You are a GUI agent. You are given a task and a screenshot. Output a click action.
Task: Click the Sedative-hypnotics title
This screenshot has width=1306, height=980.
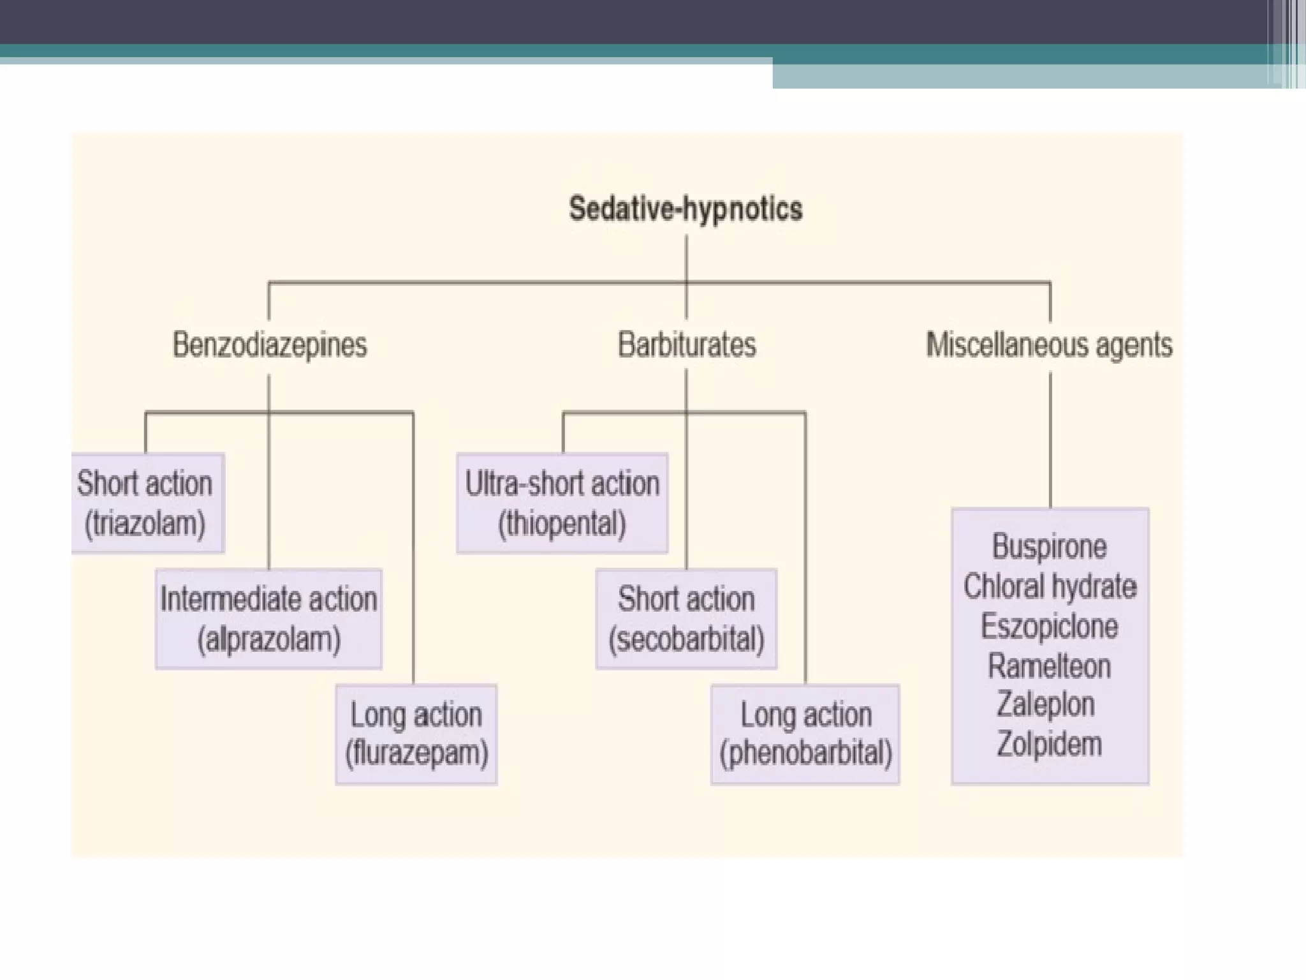pos(686,209)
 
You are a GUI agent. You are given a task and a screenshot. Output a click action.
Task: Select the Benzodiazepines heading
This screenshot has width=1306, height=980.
pos(270,345)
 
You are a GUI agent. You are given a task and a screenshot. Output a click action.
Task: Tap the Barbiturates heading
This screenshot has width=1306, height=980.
pos(687,345)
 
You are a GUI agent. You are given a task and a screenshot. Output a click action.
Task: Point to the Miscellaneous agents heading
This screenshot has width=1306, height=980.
pos(1049,345)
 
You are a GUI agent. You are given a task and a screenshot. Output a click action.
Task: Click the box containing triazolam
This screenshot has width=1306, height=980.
pos(147,503)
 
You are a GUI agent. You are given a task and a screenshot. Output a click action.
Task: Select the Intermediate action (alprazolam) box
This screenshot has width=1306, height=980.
pos(268,618)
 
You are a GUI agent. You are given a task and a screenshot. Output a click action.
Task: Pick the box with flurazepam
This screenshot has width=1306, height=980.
pos(416,734)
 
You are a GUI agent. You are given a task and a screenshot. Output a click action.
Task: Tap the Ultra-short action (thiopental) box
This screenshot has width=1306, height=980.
pos(562,503)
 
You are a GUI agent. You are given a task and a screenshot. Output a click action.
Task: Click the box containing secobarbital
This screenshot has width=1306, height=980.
pos(686,618)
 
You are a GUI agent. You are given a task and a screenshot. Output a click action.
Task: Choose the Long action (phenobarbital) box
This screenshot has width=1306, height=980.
pos(805,734)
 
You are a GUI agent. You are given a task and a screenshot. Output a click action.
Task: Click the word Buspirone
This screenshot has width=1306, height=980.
pos(1049,547)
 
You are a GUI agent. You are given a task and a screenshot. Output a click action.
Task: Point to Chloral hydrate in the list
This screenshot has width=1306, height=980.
pos(1050,586)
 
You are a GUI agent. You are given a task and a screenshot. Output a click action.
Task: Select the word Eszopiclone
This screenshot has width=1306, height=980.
pos(1049,626)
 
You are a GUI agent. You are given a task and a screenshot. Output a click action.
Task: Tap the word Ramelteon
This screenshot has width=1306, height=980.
pos(1049,666)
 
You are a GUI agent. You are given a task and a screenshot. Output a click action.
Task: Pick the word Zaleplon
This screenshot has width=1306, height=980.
pos(1046,705)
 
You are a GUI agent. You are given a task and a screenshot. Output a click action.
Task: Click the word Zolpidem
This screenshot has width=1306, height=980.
pos(1049,744)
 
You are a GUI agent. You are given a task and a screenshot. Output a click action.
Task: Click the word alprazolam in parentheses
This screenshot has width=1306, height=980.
pos(268,639)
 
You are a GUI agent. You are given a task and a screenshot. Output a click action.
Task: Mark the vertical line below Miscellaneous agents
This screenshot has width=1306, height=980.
pos(1050,440)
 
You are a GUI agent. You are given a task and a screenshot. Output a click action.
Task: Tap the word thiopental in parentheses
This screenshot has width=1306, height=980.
pos(562,524)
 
